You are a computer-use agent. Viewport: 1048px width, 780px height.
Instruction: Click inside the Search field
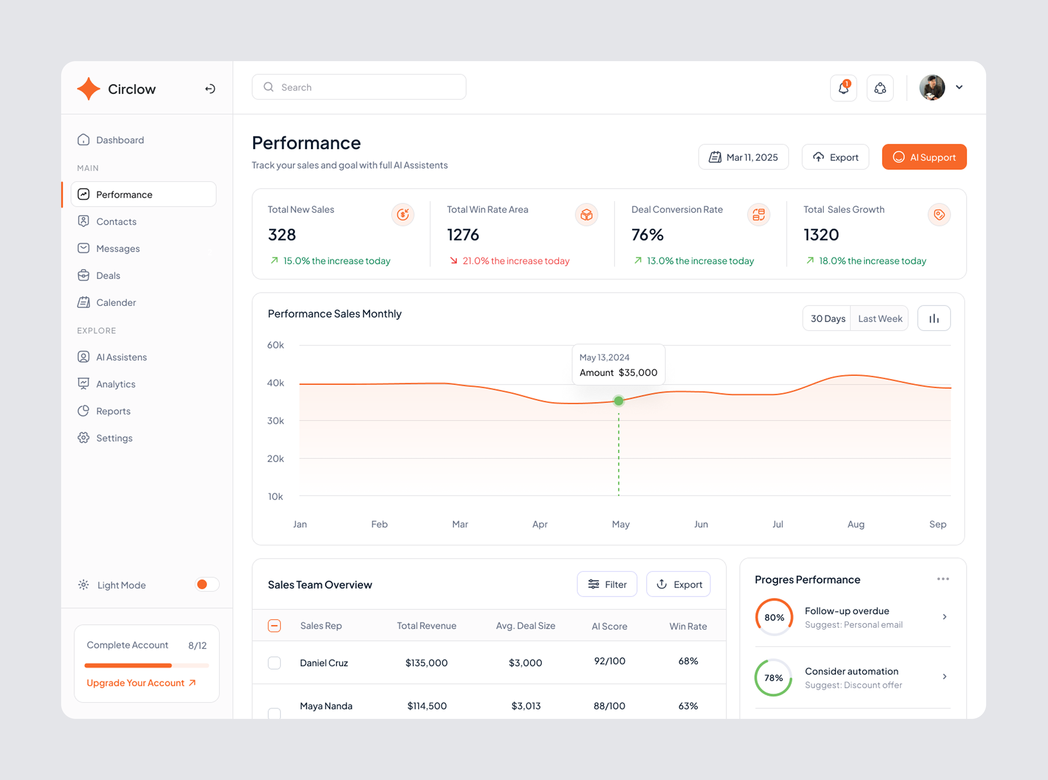[x=359, y=87]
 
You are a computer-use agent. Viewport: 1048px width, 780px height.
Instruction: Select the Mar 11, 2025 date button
[x=743, y=157]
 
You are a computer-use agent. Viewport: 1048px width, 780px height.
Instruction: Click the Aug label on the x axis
[x=856, y=524]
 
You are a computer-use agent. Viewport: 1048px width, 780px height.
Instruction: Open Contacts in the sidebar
[x=116, y=221]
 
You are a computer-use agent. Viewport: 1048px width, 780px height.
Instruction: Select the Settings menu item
[x=114, y=438]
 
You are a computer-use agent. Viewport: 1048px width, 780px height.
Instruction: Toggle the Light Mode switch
[x=207, y=585]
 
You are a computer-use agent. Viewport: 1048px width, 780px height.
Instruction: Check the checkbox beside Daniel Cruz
[x=274, y=663]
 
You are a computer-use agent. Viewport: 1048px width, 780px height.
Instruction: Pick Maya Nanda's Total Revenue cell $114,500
[x=427, y=706]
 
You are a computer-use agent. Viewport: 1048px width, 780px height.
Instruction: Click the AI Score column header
[x=609, y=626]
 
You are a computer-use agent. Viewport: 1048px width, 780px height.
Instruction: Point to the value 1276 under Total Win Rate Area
[x=463, y=235]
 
